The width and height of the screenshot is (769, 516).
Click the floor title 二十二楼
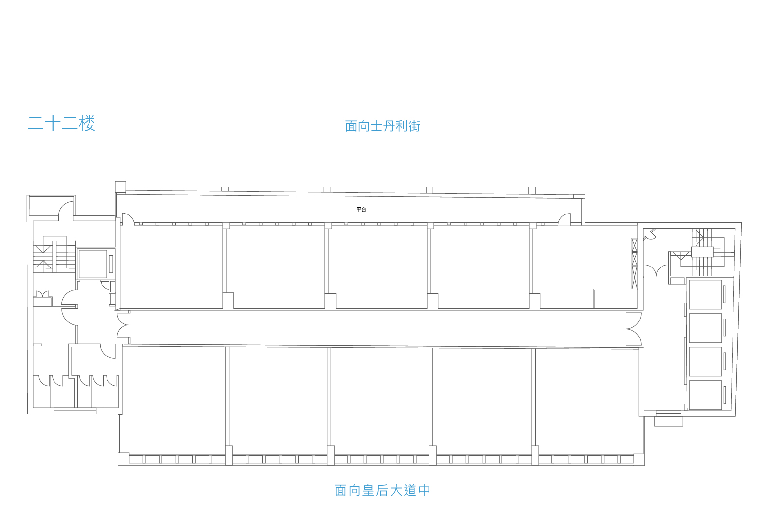pos(61,123)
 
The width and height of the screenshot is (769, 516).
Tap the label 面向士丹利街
pos(383,126)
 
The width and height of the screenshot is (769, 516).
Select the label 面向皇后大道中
pos(382,490)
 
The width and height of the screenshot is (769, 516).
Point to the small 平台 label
pos(361,210)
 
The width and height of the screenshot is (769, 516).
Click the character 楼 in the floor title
pos(87,123)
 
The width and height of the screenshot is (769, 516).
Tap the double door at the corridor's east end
pos(633,329)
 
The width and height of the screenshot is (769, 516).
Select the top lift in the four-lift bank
pos(705,295)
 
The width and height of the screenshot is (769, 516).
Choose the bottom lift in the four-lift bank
pos(705,395)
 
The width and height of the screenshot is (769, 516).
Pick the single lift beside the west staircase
pos(93,264)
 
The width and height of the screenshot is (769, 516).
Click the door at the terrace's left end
pos(128,219)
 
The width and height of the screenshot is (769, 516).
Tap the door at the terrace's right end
pos(564,219)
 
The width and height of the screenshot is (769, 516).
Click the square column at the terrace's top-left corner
pos(121,187)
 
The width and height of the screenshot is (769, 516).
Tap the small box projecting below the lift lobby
pos(669,421)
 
